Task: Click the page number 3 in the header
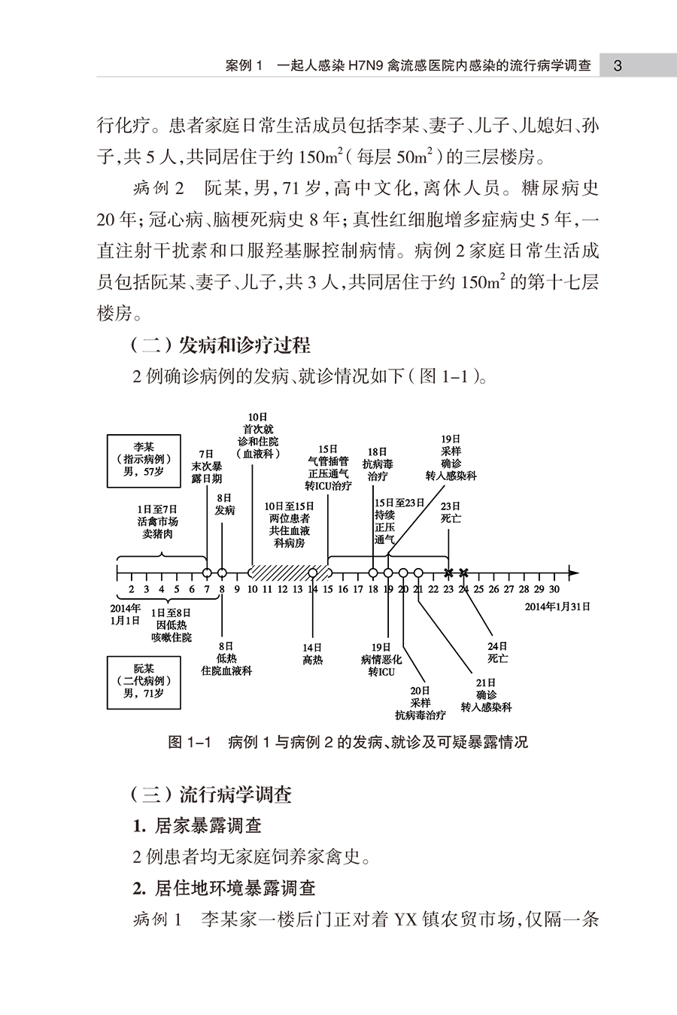coord(618,66)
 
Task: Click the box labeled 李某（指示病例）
coord(144,460)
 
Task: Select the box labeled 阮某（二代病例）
coord(144,682)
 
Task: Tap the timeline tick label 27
coord(509,589)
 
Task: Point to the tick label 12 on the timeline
coord(282,589)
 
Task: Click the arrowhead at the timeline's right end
coord(574,573)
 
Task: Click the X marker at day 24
coord(463,573)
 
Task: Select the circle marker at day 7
coord(207,573)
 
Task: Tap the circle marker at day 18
coord(373,573)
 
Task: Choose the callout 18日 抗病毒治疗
coord(378,464)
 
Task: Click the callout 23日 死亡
coord(451,512)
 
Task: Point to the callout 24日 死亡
coord(497,652)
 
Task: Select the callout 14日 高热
coord(313,654)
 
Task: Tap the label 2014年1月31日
coord(557,606)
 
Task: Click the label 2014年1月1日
coord(126,615)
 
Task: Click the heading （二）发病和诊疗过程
coord(220,346)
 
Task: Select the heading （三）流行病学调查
coord(211,795)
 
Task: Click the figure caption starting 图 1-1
coord(348,742)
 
